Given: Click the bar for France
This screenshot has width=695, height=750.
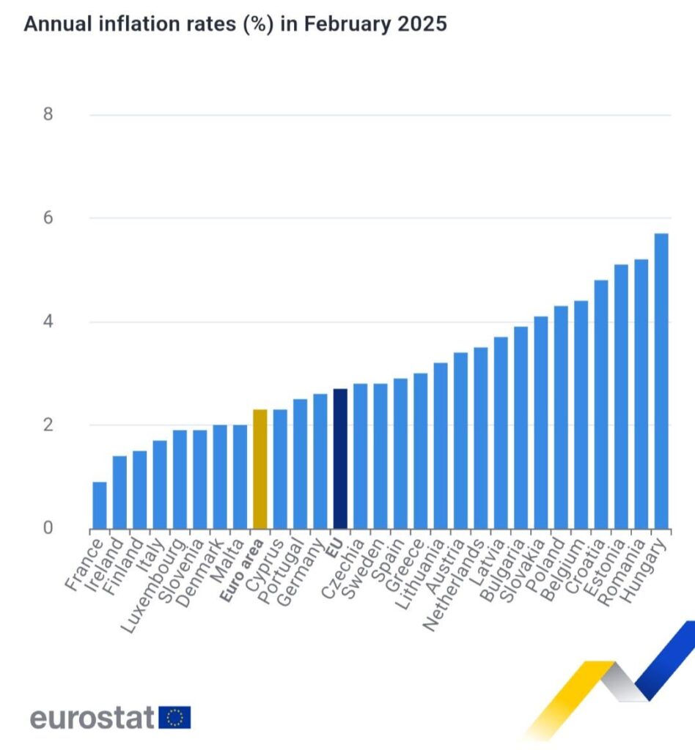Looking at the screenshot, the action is click(x=100, y=505).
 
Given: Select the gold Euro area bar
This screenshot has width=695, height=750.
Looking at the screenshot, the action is click(x=260, y=469).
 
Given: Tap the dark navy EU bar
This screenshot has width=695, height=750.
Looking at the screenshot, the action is click(x=340, y=459).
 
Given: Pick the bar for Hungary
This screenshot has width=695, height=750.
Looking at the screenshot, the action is click(x=661, y=381).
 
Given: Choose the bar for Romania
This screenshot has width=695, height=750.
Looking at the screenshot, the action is click(x=641, y=394).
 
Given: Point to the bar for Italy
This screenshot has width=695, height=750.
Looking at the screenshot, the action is click(x=160, y=485).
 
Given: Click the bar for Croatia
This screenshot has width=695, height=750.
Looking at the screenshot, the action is click(x=600, y=404).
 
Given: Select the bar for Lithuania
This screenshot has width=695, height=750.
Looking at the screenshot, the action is click(x=441, y=446).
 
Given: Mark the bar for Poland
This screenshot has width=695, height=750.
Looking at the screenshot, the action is click(x=561, y=417).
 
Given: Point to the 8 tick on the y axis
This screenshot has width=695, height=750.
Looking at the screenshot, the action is click(x=48, y=114).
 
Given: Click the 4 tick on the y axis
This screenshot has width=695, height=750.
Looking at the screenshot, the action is click(x=48, y=322).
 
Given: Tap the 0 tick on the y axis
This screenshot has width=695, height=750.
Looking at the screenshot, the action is click(x=48, y=528).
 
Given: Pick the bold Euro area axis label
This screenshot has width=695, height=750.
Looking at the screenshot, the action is click(x=242, y=569).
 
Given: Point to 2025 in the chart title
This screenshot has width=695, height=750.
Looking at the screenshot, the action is click(x=422, y=23).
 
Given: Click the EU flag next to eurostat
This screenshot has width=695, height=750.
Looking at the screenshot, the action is click(x=174, y=718).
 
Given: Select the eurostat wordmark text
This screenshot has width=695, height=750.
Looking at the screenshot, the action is click(x=92, y=718).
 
